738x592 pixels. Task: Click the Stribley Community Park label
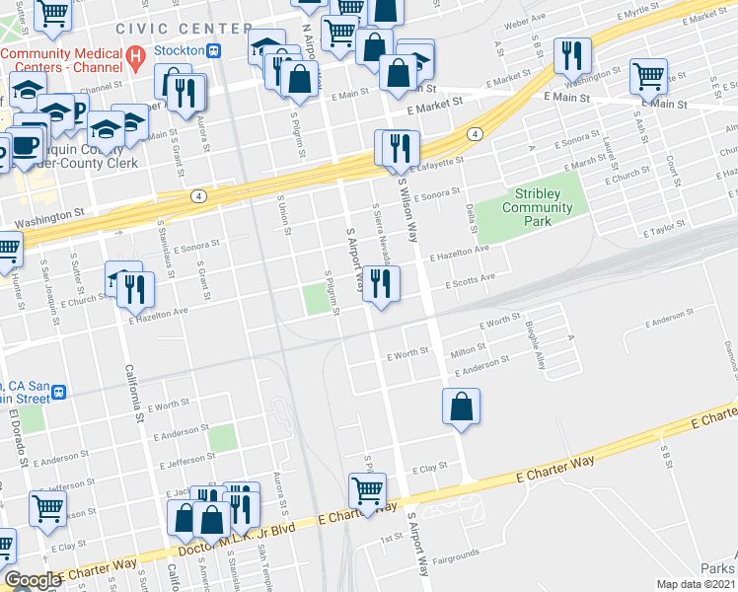coord(537,207)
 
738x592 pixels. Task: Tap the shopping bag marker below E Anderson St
coord(461,407)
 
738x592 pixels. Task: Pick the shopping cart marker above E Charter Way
coord(367,491)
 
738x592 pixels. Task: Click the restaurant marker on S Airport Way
coord(380,284)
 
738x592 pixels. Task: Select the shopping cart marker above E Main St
coord(648,75)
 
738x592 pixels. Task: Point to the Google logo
coord(33,580)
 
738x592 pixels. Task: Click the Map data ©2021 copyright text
coord(696,584)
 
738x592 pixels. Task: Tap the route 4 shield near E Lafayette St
coord(475,134)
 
